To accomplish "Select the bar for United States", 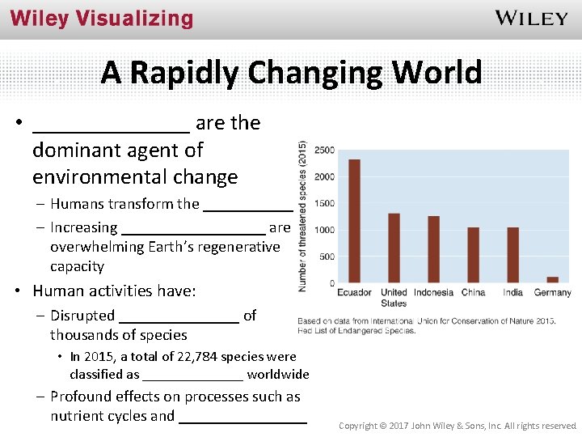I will [394, 248].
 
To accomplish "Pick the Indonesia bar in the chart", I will [433, 249].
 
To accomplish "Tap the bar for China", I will [473, 255].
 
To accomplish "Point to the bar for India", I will [512, 255].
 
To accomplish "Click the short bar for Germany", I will [553, 279].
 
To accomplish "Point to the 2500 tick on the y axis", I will [324, 151].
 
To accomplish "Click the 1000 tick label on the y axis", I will [324, 230].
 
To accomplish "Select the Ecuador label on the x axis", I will [354, 292].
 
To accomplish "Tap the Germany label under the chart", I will [553, 292].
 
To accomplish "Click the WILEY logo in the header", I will [531, 19].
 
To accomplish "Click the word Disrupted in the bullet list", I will [82, 316].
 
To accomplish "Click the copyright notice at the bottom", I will [458, 425].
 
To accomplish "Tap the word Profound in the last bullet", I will [82, 397].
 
